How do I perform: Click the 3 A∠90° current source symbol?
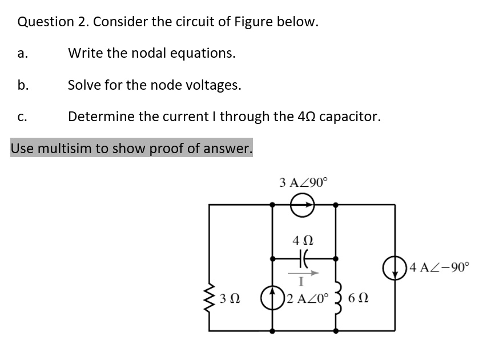[303, 204]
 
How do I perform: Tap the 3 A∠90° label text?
[304, 183]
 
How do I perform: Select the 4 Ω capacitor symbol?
[303, 258]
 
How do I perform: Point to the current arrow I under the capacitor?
[303, 273]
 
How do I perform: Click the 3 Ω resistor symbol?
[210, 299]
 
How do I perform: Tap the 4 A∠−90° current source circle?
[395, 267]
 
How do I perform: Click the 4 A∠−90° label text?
[437, 267]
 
